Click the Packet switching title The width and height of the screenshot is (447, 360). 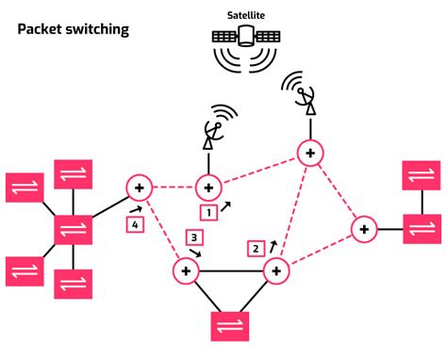pyautogui.click(x=74, y=30)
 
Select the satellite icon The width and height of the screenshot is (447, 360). pyautogui.click(x=246, y=37)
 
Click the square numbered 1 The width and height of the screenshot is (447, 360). pyautogui.click(x=209, y=212)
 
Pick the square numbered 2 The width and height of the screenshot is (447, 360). pyautogui.click(x=255, y=249)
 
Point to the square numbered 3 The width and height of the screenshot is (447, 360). pyautogui.click(x=195, y=237)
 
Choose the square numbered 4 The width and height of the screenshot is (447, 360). pyautogui.click(x=136, y=224)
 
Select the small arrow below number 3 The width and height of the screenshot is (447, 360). pyautogui.click(x=194, y=254)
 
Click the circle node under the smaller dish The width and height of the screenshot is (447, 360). pyautogui.click(x=207, y=187)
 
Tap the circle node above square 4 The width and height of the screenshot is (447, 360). pyautogui.click(x=139, y=188)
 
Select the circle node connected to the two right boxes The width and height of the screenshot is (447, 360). pyautogui.click(x=364, y=228)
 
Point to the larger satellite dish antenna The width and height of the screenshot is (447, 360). pyautogui.click(x=303, y=91)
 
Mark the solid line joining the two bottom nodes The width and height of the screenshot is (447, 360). pyautogui.click(x=231, y=271)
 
